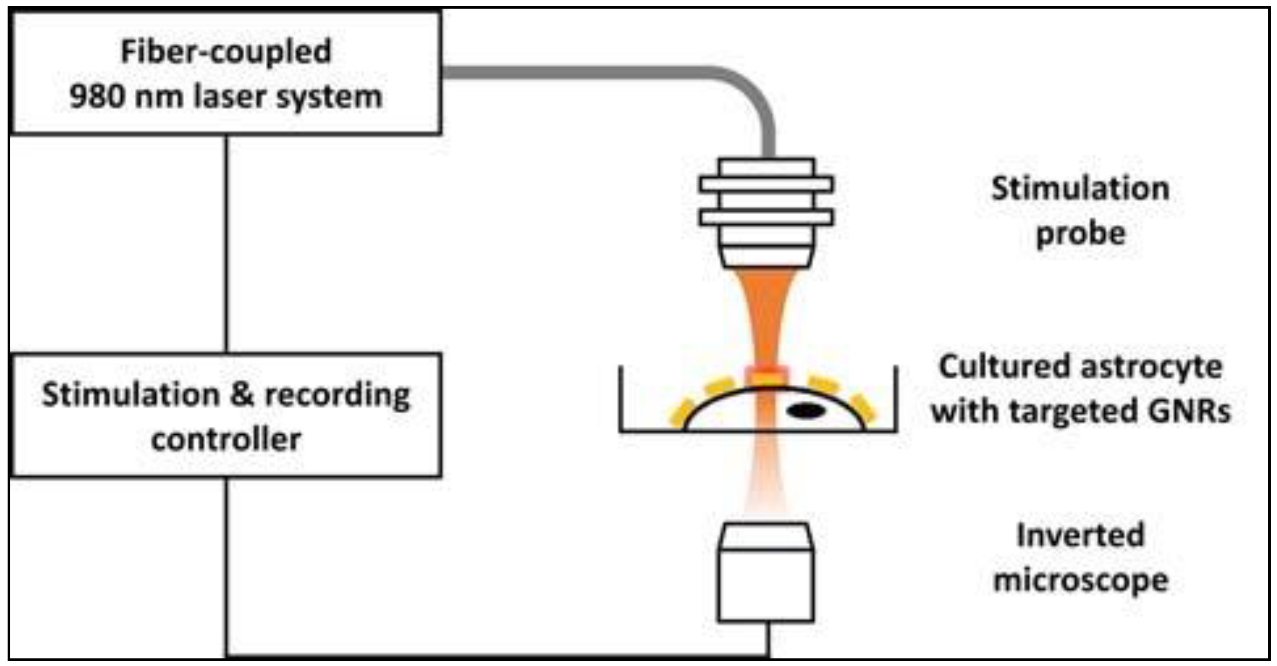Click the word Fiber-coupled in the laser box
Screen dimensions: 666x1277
[x=226, y=52]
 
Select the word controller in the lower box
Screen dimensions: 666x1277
[x=226, y=440]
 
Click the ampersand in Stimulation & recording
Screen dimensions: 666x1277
[x=243, y=395]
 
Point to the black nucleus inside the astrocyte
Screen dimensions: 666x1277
[x=806, y=411]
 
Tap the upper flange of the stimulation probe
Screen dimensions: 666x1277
[x=766, y=184]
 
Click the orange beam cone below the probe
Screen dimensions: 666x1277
[x=766, y=312]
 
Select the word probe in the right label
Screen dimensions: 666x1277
[x=1081, y=234]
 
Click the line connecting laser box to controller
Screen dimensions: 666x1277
[x=226, y=243]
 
